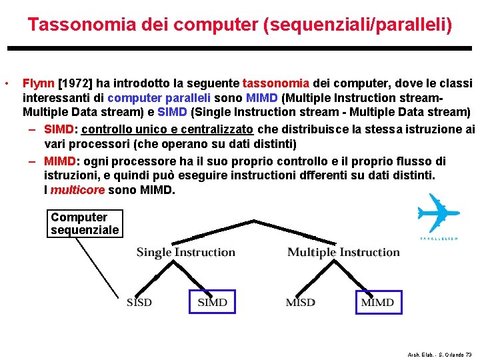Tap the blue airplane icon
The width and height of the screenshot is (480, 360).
tap(439, 214)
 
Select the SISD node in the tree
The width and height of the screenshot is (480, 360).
tap(139, 303)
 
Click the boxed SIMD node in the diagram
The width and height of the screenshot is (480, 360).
tap(213, 302)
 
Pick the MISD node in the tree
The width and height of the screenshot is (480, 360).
tap(301, 303)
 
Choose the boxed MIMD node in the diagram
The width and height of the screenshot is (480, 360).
tap(377, 302)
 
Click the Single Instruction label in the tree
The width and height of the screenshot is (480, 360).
tap(186, 252)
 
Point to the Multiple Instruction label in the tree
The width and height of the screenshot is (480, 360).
tap(343, 252)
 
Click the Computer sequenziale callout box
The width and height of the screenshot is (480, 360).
tap(85, 224)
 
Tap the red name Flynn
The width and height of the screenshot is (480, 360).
tap(39, 83)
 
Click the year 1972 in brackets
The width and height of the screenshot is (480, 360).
tap(75, 83)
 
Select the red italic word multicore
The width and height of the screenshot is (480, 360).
tap(78, 191)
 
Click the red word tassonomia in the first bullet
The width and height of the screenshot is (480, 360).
tap(276, 83)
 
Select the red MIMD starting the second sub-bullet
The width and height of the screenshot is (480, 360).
tap(61, 161)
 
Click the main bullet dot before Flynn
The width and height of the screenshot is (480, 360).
tap(6, 84)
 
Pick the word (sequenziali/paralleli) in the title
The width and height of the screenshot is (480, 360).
tap(358, 25)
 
